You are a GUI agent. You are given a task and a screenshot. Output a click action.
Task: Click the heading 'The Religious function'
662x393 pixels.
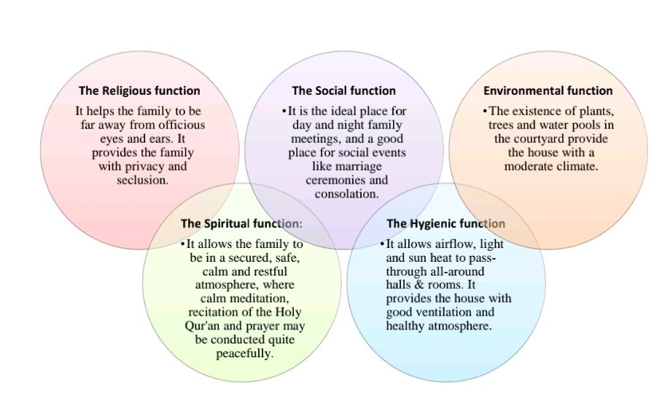click(139, 91)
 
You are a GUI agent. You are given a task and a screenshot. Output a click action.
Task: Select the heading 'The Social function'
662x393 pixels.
click(343, 91)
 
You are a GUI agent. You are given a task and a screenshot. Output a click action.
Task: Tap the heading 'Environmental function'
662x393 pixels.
click(548, 91)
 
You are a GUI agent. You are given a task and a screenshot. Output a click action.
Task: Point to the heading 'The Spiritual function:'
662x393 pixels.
click(241, 223)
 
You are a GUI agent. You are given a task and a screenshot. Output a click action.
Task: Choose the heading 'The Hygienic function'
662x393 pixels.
click(445, 223)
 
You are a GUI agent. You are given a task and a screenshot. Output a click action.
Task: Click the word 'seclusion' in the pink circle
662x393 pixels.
click(142, 180)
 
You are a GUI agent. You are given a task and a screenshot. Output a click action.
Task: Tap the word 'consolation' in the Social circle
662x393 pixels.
click(346, 194)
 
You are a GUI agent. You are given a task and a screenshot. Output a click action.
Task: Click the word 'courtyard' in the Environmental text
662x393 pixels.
click(556, 139)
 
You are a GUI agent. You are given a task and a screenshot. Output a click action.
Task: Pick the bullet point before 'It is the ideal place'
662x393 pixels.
click(284, 111)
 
